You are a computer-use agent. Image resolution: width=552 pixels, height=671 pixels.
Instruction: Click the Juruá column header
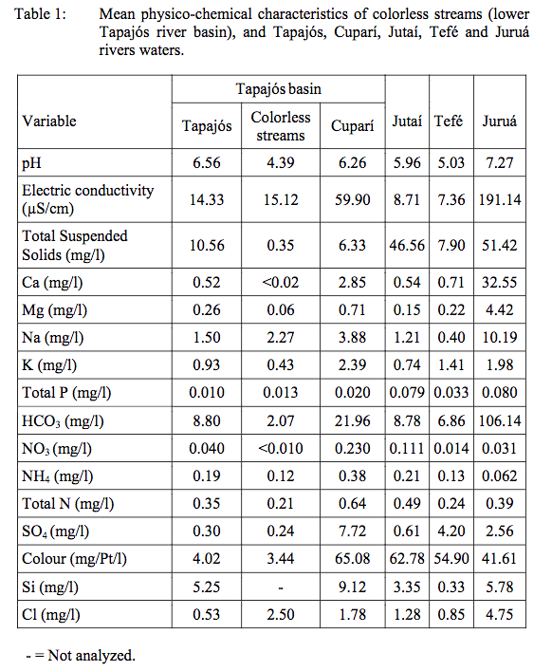click(499, 121)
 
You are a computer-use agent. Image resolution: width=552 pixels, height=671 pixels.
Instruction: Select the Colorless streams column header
click(281, 126)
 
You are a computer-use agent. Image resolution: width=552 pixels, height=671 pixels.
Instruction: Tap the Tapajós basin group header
click(278, 88)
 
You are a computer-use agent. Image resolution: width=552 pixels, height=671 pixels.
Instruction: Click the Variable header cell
click(49, 121)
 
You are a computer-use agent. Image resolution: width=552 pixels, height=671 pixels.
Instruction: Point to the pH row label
click(31, 163)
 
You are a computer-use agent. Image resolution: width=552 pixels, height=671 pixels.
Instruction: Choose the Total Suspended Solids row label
click(75, 245)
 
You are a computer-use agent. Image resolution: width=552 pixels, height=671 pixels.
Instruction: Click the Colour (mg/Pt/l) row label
click(74, 559)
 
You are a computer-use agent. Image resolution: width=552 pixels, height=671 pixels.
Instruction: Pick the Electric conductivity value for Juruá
click(500, 200)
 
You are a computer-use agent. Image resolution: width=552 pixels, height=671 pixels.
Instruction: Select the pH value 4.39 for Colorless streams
click(281, 163)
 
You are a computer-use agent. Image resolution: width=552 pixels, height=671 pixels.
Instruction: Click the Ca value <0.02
click(281, 283)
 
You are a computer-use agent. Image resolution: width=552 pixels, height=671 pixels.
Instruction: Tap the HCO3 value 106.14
click(500, 421)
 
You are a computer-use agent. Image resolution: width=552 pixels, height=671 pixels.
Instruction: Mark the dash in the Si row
click(281, 588)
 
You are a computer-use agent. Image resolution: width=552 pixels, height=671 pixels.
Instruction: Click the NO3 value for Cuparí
click(352, 449)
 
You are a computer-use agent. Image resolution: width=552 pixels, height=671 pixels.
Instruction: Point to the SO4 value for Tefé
click(451, 531)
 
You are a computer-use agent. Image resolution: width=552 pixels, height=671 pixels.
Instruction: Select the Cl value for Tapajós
click(207, 614)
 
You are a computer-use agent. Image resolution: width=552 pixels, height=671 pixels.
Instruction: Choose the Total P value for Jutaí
click(407, 392)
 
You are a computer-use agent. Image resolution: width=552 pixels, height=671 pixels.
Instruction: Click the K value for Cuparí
click(352, 365)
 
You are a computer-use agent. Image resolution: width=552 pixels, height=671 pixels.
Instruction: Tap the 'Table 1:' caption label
click(41, 14)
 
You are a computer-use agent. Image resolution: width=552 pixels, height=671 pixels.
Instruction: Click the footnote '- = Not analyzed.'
click(81, 655)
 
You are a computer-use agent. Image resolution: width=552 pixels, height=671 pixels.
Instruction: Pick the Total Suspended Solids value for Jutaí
click(407, 246)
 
